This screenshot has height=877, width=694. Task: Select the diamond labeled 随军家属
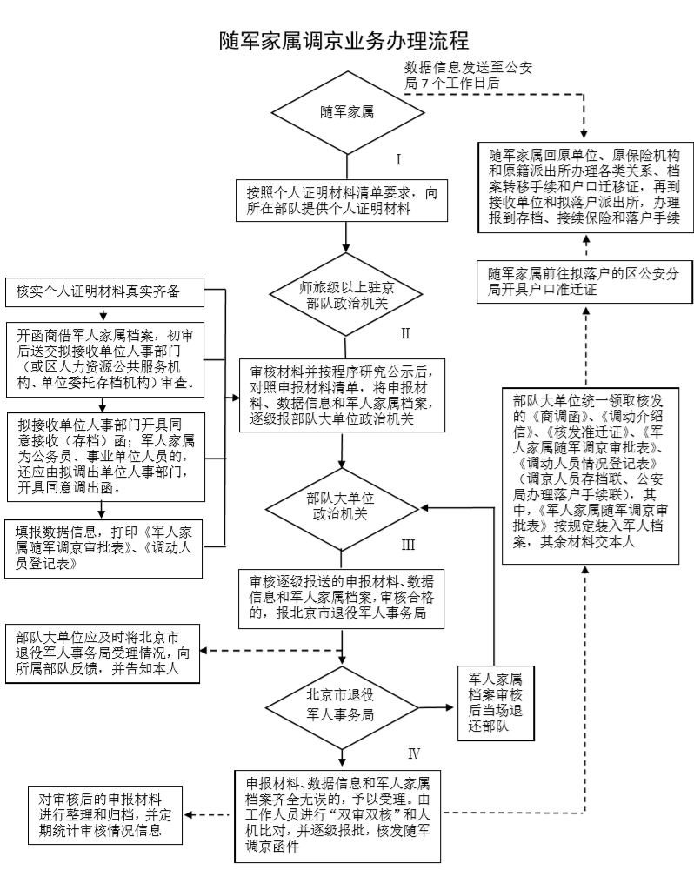347,112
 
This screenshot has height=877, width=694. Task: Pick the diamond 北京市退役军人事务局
345,704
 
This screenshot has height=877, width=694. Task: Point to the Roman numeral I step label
398,160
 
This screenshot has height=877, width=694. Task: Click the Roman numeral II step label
404,332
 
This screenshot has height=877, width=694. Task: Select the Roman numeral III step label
407,546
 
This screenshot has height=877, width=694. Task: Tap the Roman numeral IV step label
414,753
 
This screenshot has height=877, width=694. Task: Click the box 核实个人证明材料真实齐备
104,291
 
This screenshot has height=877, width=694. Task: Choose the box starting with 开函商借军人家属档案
104,357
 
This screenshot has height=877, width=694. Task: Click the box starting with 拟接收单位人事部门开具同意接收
104,454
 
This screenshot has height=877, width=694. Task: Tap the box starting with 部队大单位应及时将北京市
103,652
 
